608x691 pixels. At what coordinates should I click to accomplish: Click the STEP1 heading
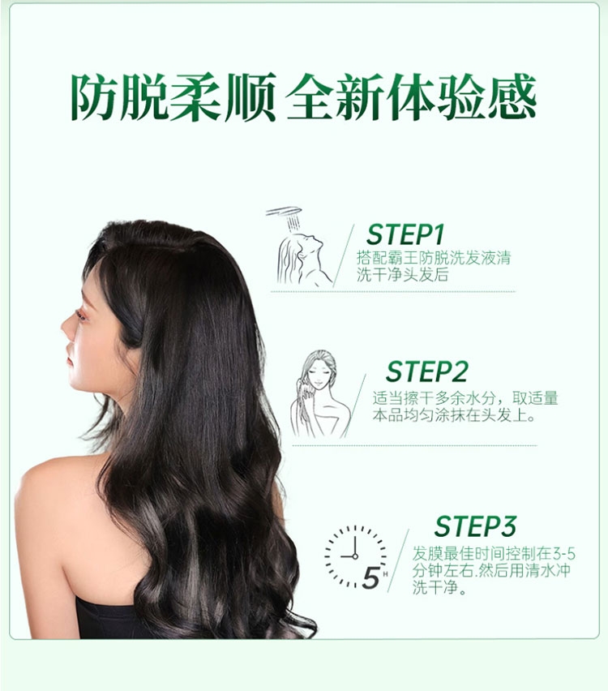coord(405,234)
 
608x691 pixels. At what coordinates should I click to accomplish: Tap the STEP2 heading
coord(426,371)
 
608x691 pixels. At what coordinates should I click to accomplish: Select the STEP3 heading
coord(475,526)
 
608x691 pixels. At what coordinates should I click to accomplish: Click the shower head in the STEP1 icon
coord(285,212)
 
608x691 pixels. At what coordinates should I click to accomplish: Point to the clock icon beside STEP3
coord(356,557)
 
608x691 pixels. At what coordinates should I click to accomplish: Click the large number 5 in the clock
coord(371,577)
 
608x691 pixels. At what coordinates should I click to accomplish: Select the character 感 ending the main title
coord(512,97)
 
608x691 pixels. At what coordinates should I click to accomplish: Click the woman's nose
coord(66,328)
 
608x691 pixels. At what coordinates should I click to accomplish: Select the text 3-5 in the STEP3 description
coord(564,553)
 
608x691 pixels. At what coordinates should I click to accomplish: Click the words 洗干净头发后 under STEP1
coord(403,275)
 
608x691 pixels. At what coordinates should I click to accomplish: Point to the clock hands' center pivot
coord(355,556)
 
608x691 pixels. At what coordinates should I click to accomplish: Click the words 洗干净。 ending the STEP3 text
coord(439,588)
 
